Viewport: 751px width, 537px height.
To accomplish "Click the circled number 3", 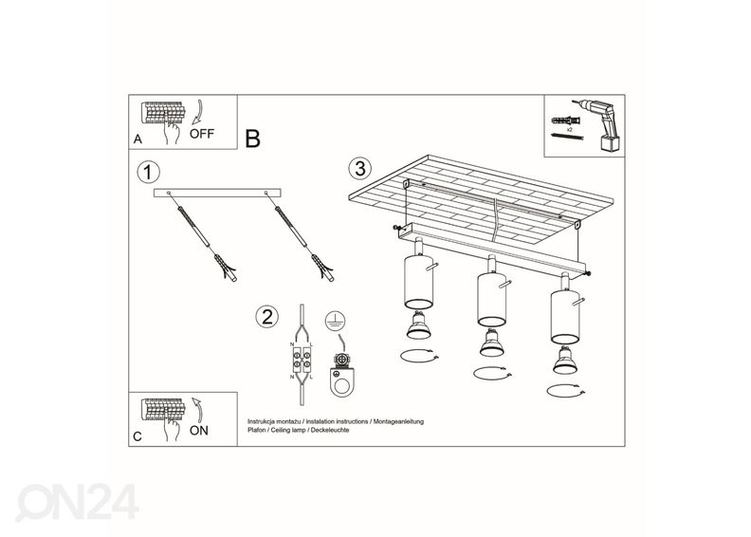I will coord(357,169).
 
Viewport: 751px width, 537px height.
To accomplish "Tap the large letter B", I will coord(252,139).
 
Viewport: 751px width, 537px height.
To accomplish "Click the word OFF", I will coord(202,134).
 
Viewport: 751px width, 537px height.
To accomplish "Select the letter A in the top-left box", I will coord(138,139).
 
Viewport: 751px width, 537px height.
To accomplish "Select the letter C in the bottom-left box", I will coord(138,436).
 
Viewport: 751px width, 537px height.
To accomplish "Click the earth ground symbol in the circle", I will coord(333,320).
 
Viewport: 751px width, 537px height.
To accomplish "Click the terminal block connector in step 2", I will coord(303,362).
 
